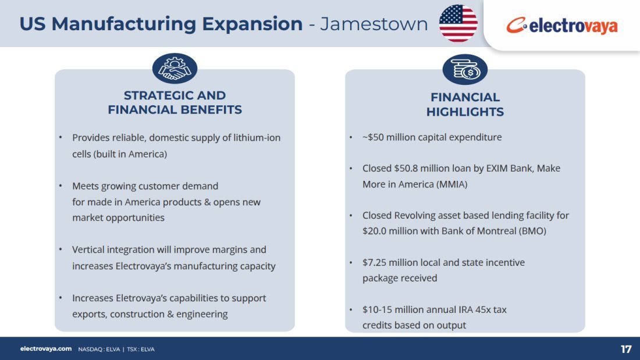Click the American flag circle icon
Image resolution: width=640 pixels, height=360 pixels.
458,23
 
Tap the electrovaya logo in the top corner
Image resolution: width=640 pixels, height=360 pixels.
562,26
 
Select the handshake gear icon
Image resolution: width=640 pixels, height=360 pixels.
175,68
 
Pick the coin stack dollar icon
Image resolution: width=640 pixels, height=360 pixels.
465,69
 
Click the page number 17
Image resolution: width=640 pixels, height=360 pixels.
625,350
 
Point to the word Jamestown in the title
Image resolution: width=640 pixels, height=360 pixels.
374,24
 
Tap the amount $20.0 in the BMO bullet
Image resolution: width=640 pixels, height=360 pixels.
374,231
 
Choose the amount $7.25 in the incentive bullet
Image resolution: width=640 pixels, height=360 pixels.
374,262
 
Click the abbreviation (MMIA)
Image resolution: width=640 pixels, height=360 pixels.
452,184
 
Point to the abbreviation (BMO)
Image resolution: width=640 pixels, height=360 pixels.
532,231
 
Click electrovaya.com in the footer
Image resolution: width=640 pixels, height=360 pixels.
46,349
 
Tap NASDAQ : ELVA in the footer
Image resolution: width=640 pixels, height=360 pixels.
99,350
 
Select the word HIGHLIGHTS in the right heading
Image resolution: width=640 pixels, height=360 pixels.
465,112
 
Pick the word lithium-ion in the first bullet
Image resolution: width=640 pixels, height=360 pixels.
257,138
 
